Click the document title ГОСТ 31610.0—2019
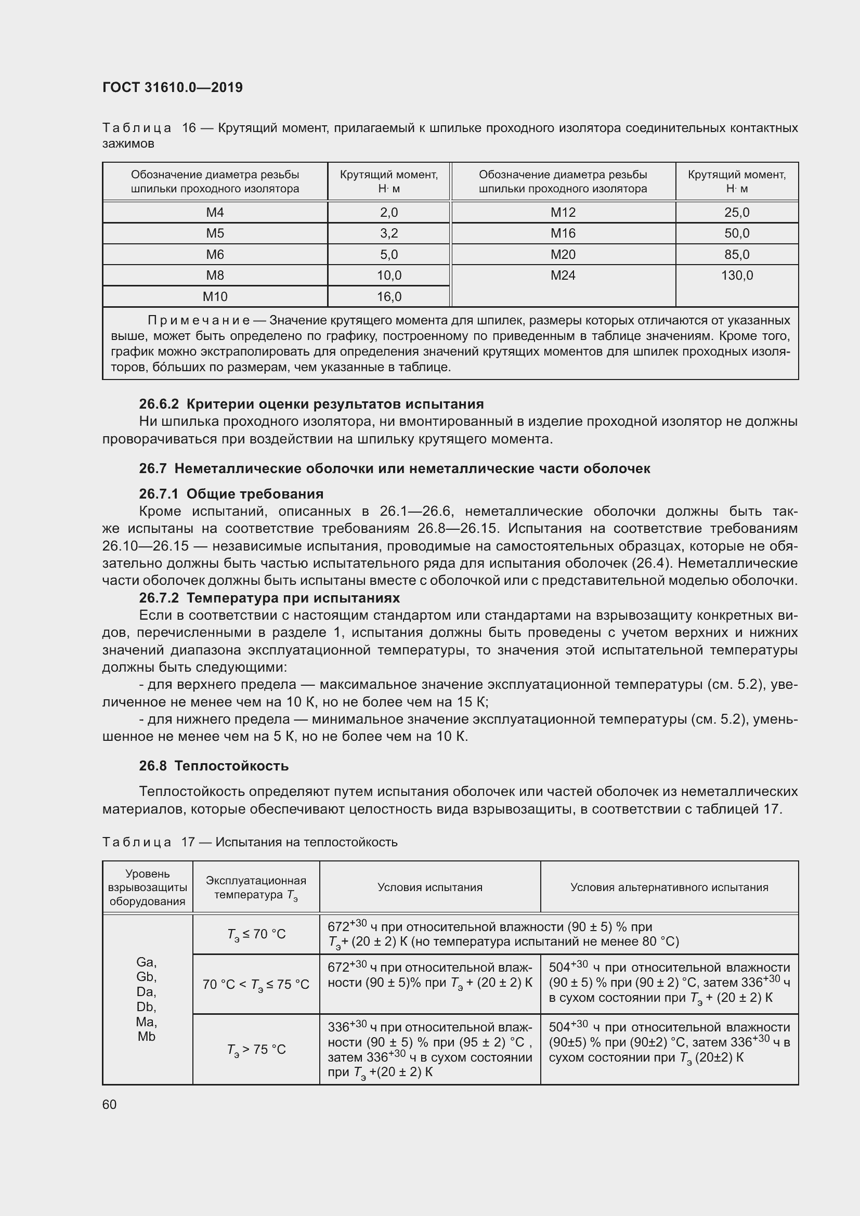[172, 87]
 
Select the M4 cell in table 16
[215, 213]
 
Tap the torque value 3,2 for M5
[389, 233]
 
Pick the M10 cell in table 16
[215, 296]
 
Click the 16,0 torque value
[389, 296]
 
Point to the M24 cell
[563, 276]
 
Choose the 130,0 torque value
[737, 276]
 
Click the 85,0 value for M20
[737, 254]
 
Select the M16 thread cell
[563, 233]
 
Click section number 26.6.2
[159, 404]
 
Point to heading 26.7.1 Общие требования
[231, 493]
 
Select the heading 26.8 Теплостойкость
[214, 766]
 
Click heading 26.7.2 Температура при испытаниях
[269, 598]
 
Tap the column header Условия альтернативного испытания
[669, 887]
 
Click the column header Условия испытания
[429, 887]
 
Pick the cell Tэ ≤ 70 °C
[256, 934]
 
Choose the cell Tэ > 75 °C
[256, 1049]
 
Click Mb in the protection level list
[147, 1037]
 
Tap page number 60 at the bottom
[110, 1105]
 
